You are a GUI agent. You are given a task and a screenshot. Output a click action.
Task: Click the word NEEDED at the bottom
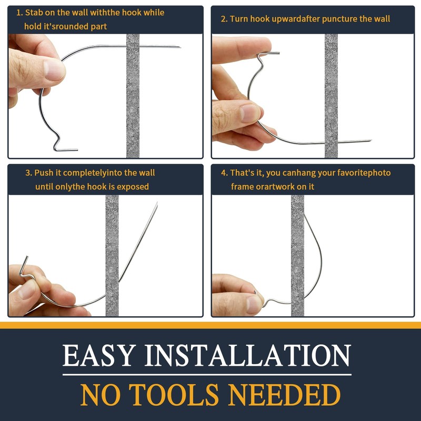point(284,395)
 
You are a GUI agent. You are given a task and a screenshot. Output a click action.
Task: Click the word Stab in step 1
point(34,13)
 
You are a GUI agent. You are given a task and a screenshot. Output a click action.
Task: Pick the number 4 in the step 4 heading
point(224,173)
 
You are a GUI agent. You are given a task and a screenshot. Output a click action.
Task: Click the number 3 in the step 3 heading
point(28,173)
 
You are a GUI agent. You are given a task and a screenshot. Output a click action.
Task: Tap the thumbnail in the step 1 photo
point(54,70)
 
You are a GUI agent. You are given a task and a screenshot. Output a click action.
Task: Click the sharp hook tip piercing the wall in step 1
point(181,47)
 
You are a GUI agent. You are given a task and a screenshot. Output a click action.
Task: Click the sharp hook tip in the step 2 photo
point(371,141)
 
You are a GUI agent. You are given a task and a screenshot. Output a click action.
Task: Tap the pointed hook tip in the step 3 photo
point(157,203)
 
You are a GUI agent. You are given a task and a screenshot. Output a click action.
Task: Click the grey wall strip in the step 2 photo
point(331,96)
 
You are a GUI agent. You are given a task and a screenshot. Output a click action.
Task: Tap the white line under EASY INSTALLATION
point(207,375)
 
